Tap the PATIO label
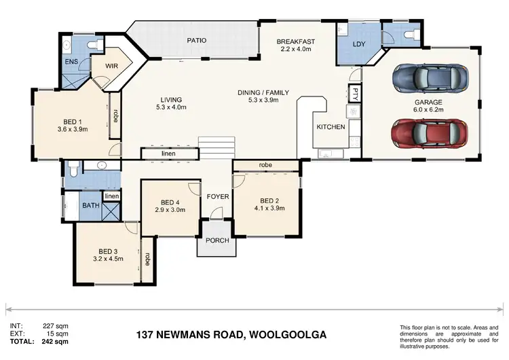(x=197, y=40)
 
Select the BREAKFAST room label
(x=297, y=42)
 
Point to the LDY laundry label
(x=359, y=45)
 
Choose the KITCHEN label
(x=331, y=127)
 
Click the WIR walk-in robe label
(x=113, y=67)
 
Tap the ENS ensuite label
(x=71, y=62)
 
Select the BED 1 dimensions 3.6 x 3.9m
(x=72, y=130)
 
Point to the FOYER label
(x=219, y=196)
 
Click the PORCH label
(x=217, y=240)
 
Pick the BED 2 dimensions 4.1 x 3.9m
(x=269, y=209)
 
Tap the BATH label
(x=90, y=205)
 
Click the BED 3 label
(x=109, y=249)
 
